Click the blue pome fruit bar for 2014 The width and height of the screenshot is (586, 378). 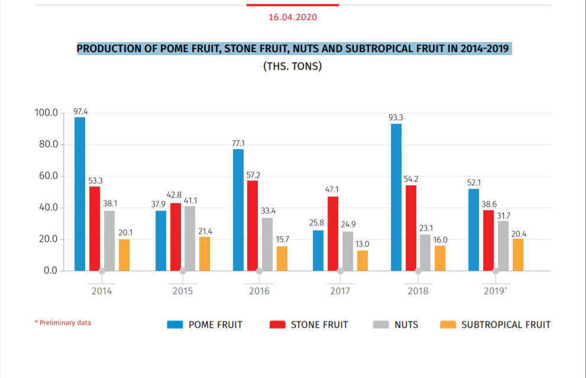click(80, 194)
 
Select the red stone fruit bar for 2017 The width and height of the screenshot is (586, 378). click(333, 234)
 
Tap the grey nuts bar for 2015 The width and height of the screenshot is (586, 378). click(190, 238)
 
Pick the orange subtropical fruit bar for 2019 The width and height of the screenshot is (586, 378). click(518, 255)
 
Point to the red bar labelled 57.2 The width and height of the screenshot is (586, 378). click(252, 225)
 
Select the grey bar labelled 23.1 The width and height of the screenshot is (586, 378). click(425, 253)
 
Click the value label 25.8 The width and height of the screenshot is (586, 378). click(317, 223)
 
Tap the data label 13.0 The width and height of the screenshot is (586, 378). click(362, 244)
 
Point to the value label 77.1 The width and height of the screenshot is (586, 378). click(238, 143)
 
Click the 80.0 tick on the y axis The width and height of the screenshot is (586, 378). click(47, 144)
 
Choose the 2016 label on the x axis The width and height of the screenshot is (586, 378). click(259, 291)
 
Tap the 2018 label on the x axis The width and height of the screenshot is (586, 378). click(418, 291)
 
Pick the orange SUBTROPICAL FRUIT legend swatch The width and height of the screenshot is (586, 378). click(448, 325)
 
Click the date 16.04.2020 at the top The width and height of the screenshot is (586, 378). click(293, 17)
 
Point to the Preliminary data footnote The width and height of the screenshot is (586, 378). click(63, 323)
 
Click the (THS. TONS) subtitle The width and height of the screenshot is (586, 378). click(293, 66)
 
